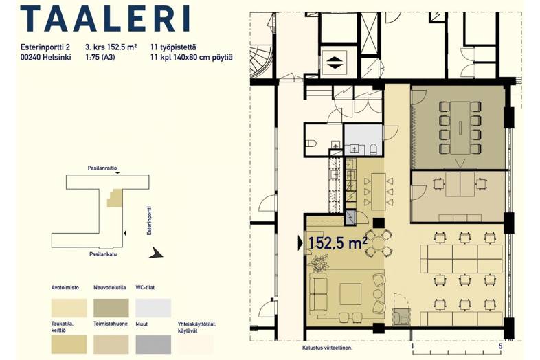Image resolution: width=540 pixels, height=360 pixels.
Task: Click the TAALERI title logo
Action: (105, 19)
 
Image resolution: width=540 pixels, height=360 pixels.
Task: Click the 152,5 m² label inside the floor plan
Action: (337, 243)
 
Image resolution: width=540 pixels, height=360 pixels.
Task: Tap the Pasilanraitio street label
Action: (102, 168)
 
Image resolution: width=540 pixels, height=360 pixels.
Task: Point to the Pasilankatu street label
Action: (103, 254)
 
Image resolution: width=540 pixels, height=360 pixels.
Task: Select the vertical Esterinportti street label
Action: (150, 221)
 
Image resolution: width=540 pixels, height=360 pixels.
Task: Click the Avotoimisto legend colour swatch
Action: (69, 308)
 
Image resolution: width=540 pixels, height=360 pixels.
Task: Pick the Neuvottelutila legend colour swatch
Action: (111, 308)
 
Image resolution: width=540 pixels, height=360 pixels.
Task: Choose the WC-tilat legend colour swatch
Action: (153, 308)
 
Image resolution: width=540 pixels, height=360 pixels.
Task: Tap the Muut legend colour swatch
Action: (153, 344)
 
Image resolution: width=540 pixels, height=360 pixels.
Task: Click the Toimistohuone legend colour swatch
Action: (111, 344)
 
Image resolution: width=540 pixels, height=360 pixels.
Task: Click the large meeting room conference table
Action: (460, 128)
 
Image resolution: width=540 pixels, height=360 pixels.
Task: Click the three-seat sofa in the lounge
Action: (318, 294)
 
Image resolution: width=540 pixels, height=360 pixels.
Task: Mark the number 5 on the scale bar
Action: (500, 346)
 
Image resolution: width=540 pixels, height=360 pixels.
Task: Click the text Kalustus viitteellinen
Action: (327, 348)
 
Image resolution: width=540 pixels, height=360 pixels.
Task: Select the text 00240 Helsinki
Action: (46, 58)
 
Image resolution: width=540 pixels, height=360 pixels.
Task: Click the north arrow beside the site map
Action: (156, 253)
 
